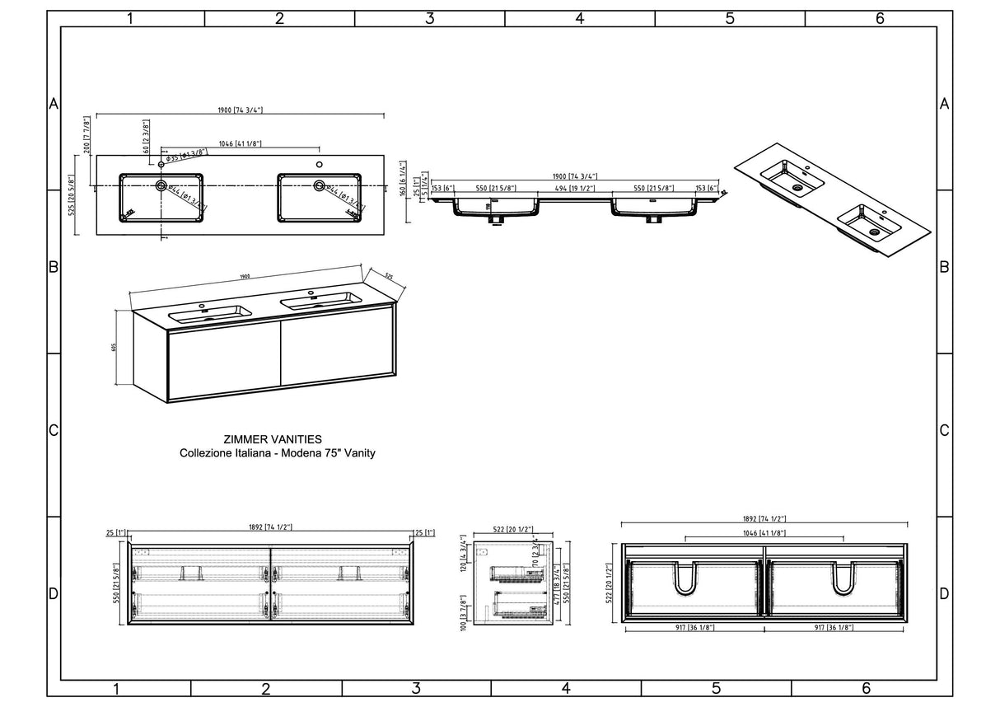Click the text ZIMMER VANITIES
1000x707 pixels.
(x=273, y=439)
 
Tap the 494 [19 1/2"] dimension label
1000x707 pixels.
(x=576, y=189)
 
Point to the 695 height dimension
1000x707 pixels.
(x=114, y=347)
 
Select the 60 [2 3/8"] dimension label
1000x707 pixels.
(x=146, y=138)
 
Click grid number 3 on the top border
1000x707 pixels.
(x=429, y=19)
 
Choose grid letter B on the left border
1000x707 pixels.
(x=54, y=267)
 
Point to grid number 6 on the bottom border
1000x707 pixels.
(x=866, y=688)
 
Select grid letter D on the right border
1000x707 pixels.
(x=944, y=593)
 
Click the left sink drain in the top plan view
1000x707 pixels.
(x=161, y=186)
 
